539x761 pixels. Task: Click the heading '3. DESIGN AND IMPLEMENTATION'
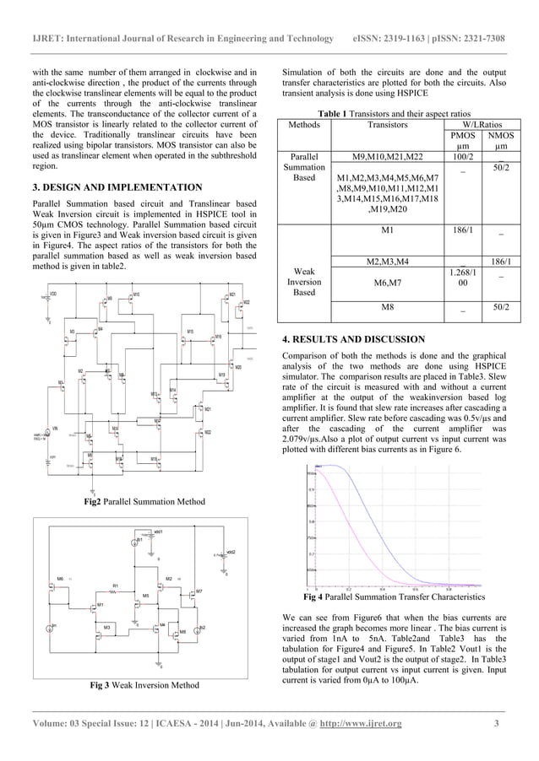[x=117, y=187]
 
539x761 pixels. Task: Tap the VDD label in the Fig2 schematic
[x=53, y=294]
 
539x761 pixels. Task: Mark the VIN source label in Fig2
[x=55, y=429]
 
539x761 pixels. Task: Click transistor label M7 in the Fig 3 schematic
[x=199, y=591]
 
